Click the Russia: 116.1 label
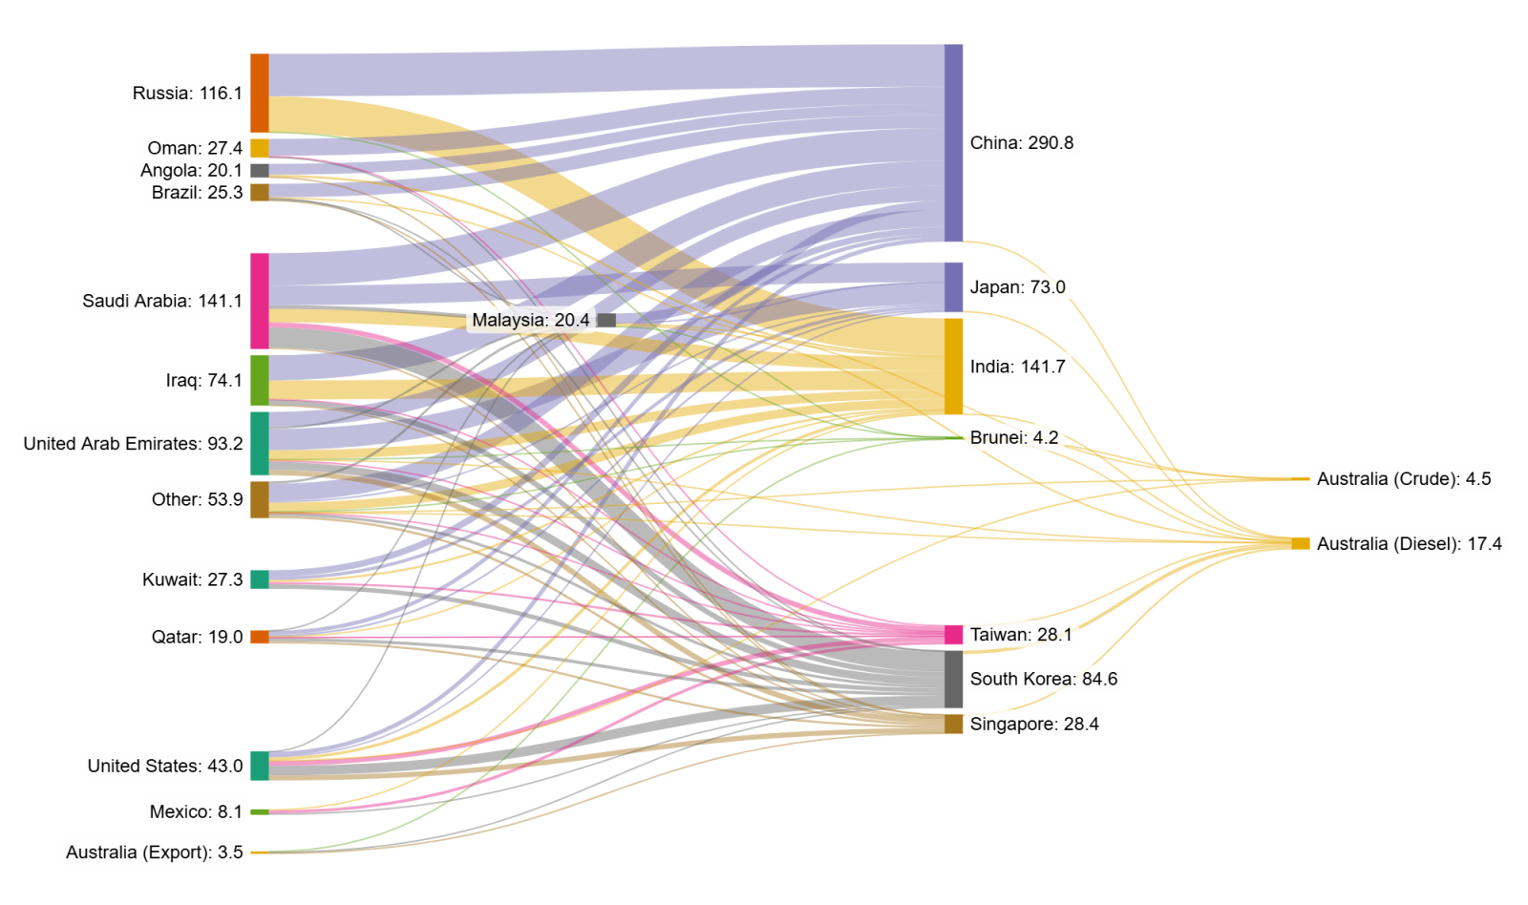pyautogui.click(x=187, y=93)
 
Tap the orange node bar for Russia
pyautogui.click(x=259, y=94)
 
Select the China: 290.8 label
pyautogui.click(x=1021, y=143)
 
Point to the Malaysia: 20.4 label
pyautogui.click(x=531, y=320)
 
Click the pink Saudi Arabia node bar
pyautogui.click(x=259, y=301)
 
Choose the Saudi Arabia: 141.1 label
pyautogui.click(x=162, y=301)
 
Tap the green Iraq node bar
pyautogui.click(x=259, y=381)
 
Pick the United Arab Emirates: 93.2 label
pyautogui.click(x=133, y=443)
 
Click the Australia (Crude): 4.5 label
pyautogui.click(x=1403, y=479)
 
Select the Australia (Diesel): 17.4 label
pyautogui.click(x=1409, y=544)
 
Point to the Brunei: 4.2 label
pyautogui.click(x=1013, y=437)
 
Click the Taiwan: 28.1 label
pyautogui.click(x=1021, y=635)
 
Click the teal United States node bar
pyautogui.click(x=259, y=766)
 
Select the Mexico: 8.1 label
pyautogui.click(x=196, y=811)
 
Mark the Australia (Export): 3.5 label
pyautogui.click(x=154, y=852)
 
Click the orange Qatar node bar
pyautogui.click(x=259, y=637)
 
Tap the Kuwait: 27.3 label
pyautogui.click(x=192, y=579)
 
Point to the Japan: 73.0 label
pyautogui.click(x=1017, y=287)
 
